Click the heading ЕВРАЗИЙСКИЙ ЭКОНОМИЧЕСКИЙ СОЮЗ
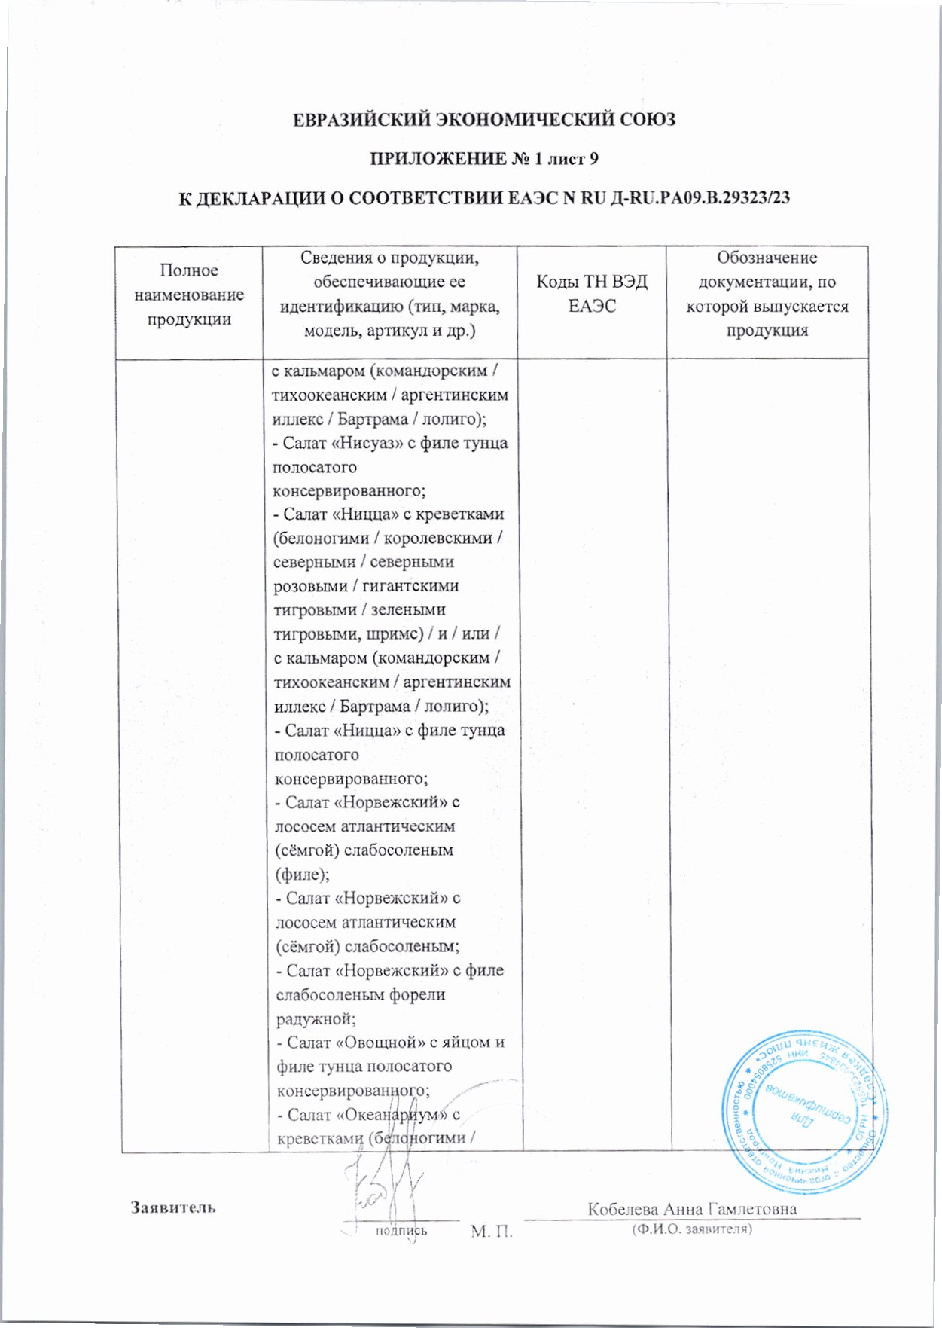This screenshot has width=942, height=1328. [483, 120]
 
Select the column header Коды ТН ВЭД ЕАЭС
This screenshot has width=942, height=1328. [591, 294]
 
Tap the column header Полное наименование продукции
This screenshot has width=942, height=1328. [189, 295]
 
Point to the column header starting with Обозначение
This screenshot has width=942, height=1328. [767, 294]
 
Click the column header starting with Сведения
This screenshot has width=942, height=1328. [389, 294]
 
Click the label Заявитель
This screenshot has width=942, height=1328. [174, 1207]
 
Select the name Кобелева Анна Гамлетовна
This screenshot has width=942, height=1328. [691, 1209]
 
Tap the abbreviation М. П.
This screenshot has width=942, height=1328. [491, 1232]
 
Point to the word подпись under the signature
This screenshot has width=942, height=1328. [401, 1231]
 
